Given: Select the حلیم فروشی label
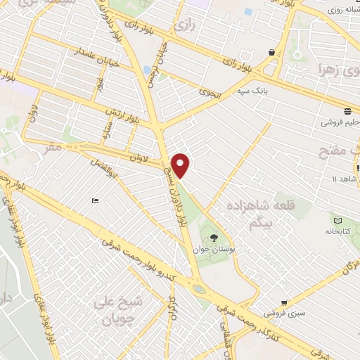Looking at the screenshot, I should pos(340,122).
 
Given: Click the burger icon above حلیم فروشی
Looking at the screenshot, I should pos(347,111).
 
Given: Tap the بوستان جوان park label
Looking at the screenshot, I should pos(214,249).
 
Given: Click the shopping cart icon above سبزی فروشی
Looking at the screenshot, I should pos(284,303).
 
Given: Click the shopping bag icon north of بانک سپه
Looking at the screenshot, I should pos(271,52).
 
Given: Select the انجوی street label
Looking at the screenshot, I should pos(209,91).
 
